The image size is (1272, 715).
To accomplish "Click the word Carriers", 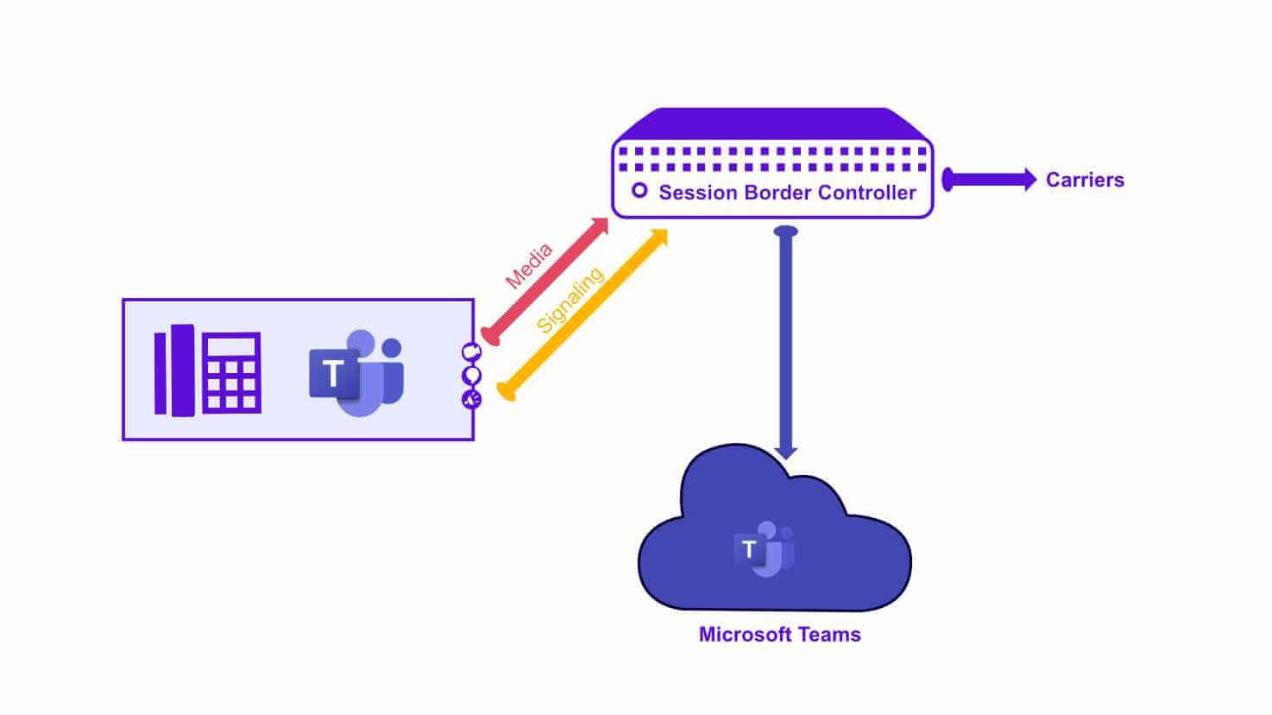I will (x=1085, y=180).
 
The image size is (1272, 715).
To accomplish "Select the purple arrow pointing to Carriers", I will (x=989, y=180).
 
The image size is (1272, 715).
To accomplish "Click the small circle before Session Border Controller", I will (x=639, y=190).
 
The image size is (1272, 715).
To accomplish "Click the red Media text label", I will (x=528, y=267).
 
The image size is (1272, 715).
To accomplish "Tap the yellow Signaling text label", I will (x=569, y=300).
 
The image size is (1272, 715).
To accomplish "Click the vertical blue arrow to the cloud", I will (x=785, y=345).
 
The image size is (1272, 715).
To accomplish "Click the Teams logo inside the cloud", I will (x=764, y=549).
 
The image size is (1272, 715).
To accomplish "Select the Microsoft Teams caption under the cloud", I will (x=779, y=635).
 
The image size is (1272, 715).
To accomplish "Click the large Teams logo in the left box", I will (x=356, y=373).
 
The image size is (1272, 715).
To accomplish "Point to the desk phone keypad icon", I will (x=231, y=373).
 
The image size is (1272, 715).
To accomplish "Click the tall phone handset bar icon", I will (x=174, y=370).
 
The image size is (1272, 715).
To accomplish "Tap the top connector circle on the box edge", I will (x=471, y=352).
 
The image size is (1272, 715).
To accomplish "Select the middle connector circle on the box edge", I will (x=471, y=376).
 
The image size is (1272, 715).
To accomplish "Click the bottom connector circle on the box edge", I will (x=471, y=399).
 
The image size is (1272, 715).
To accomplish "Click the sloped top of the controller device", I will (x=772, y=123).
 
